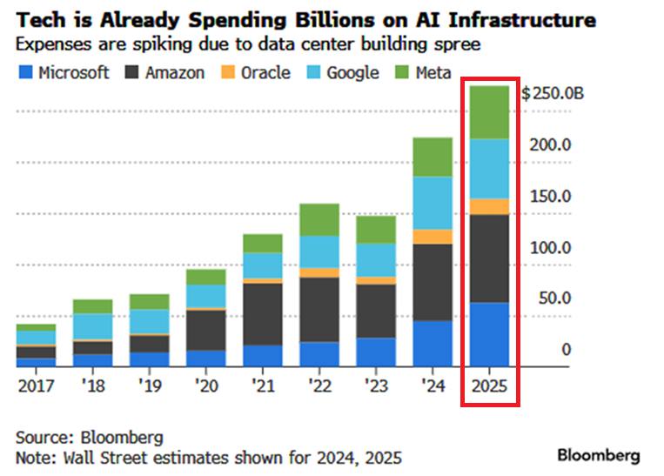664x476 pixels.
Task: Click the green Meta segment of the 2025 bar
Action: (489, 112)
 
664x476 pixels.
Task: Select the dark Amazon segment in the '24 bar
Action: (433, 282)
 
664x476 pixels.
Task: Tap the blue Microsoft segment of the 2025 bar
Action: (489, 334)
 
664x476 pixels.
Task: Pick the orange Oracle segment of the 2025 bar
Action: (489, 206)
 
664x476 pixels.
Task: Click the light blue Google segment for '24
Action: (433, 203)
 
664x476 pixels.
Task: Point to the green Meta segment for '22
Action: (319, 219)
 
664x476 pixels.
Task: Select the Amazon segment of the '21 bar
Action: (263, 313)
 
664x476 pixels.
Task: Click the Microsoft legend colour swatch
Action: (25, 72)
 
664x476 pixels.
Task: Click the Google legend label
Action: (352, 72)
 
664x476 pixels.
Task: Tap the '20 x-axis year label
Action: (206, 385)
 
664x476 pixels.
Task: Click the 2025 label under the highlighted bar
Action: (489, 385)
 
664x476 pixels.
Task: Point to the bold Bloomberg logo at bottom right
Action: (598, 455)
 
